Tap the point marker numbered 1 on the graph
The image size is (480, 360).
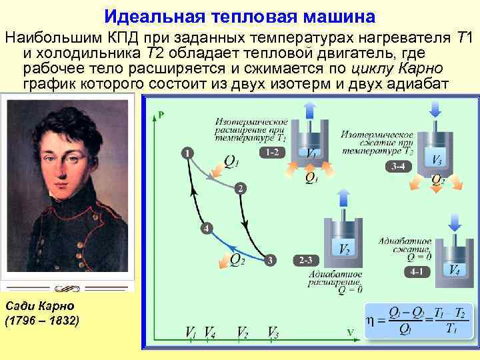coord(188,153)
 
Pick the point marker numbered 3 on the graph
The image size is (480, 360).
coord(271,259)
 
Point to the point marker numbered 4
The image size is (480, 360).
coord(207,229)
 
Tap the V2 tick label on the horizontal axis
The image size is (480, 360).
coord(243,331)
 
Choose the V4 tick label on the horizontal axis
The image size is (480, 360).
coord(209,331)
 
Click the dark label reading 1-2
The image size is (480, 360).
coord(271,153)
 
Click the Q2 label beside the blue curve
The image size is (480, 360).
coord(237,259)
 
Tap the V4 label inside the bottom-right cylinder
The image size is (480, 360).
coord(453,270)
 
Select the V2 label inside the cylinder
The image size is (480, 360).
coord(345,249)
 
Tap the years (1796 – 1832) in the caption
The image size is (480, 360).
coord(42,321)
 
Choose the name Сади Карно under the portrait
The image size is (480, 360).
coord(39,306)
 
